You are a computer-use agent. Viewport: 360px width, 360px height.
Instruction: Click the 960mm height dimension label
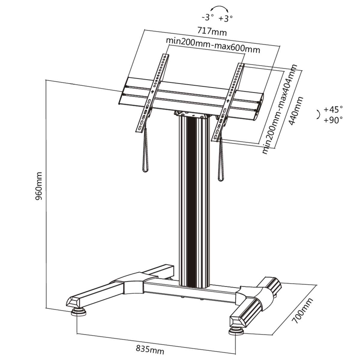coord(40,186)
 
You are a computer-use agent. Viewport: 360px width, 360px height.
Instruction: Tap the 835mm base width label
coord(150,349)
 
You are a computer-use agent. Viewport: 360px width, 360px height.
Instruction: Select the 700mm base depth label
coord(303,310)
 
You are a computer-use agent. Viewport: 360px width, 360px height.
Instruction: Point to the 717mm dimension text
coord(212,31)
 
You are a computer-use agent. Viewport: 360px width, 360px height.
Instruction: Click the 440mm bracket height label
coord(295,111)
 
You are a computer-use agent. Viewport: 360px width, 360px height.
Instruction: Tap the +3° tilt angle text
coord(225,19)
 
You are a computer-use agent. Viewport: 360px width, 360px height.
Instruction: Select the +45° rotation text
coord(333,109)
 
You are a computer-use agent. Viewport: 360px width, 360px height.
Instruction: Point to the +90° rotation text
coord(333,120)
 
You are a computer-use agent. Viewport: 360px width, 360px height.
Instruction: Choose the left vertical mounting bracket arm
coord(152,93)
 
